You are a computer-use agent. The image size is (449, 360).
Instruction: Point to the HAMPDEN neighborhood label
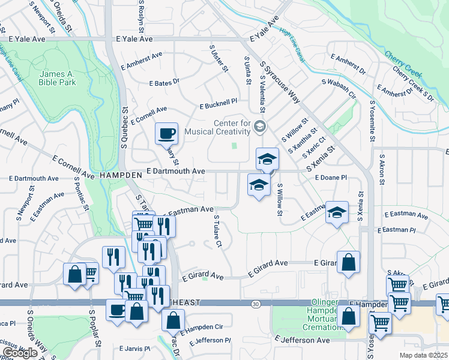point(120,174)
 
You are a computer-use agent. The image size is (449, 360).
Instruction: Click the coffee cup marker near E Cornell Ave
point(166,134)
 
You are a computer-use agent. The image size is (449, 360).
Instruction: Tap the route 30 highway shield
point(256,304)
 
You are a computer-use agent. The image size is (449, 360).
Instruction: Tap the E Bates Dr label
point(164,82)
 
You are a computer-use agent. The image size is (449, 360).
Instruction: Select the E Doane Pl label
point(331,178)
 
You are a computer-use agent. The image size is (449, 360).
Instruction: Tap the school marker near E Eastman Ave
point(337,212)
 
